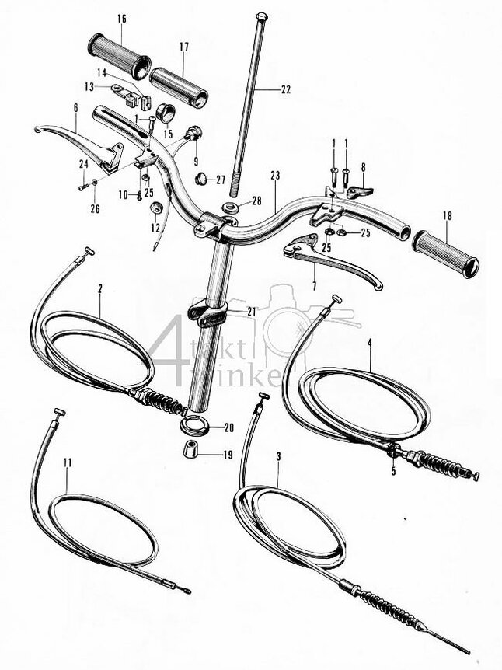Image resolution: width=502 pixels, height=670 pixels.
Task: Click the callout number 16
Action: coord(121,19)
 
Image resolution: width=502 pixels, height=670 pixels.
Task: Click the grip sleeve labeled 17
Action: coord(179,86)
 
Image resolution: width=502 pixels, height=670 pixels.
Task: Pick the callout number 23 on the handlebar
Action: coord(274,176)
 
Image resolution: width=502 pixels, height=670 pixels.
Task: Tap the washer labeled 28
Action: coord(231,209)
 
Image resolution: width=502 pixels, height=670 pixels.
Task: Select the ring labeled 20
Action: coord(194,427)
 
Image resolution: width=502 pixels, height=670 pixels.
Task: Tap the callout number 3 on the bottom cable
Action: coord(278,457)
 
